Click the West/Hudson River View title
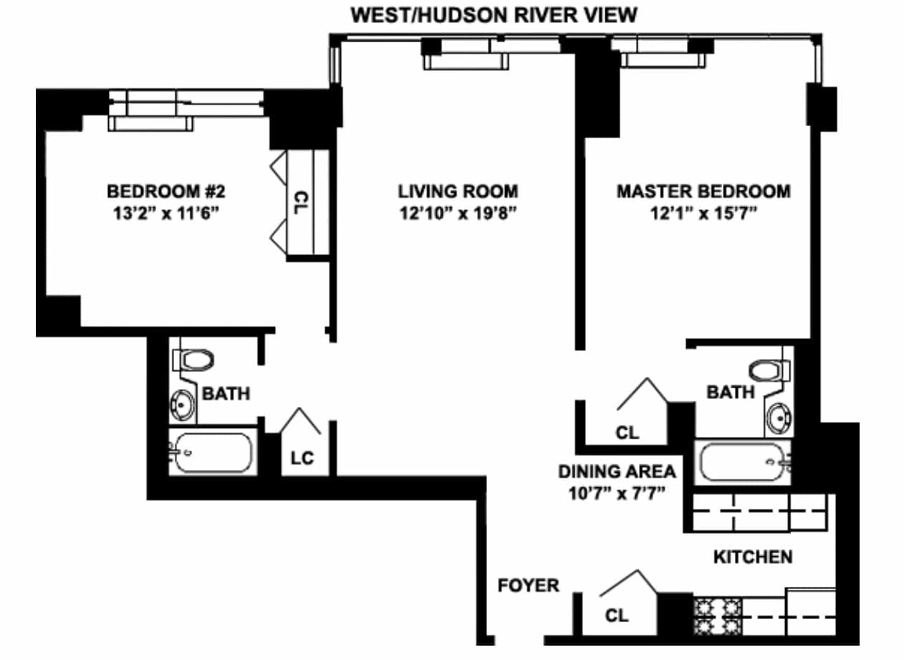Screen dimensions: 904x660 point(494,16)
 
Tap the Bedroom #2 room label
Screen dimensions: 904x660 point(166,191)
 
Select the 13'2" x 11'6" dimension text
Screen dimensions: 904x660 point(166,213)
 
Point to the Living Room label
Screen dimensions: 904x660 point(458,191)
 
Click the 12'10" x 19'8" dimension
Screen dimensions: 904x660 point(458,213)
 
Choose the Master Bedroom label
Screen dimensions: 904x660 point(704,191)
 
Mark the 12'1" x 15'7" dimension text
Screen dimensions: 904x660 point(704,213)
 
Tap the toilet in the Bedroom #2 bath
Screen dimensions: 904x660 point(193,360)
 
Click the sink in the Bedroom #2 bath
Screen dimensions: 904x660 point(182,405)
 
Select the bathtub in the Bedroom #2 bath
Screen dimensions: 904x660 point(213,452)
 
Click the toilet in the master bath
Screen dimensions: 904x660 point(769,370)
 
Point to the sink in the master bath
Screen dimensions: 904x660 point(779,419)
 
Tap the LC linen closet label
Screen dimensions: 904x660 point(302,458)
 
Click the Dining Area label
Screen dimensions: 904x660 point(617,472)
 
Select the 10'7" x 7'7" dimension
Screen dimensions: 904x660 point(617,493)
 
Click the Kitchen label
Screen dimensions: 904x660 point(753,557)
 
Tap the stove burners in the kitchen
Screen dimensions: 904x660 point(718,616)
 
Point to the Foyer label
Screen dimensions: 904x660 point(529,585)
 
